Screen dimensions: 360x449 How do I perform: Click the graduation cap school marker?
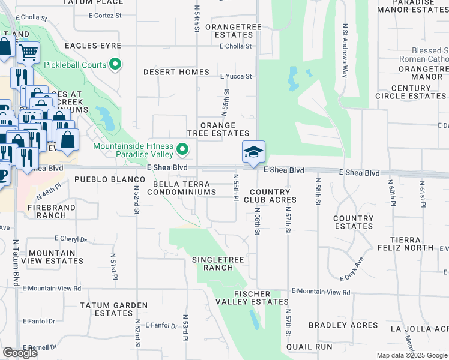pyautogui.click(x=253, y=152)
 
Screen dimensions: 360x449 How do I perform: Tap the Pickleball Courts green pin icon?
pyautogui.click(x=115, y=65)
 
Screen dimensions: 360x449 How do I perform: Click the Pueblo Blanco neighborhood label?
pyautogui.click(x=99, y=179)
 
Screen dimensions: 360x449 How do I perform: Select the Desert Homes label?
pyautogui.click(x=176, y=72)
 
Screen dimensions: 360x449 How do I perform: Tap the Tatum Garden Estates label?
pyautogui.click(x=113, y=309)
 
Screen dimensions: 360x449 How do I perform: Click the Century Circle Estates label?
pyautogui.click(x=411, y=92)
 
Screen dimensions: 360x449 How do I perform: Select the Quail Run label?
pyautogui.click(x=309, y=347)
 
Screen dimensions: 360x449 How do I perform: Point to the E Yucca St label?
pyautogui.click(x=235, y=76)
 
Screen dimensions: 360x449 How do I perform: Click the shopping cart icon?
pyautogui.click(x=28, y=53)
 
